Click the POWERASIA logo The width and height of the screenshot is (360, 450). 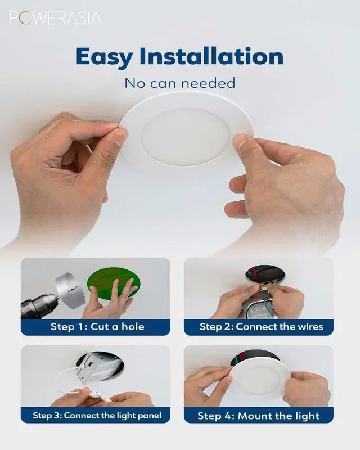(55, 18)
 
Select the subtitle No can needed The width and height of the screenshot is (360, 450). (179, 83)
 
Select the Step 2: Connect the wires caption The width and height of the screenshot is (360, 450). (261, 327)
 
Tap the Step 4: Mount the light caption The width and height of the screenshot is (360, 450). (258, 416)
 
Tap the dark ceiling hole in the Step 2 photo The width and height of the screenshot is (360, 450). (264, 274)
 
